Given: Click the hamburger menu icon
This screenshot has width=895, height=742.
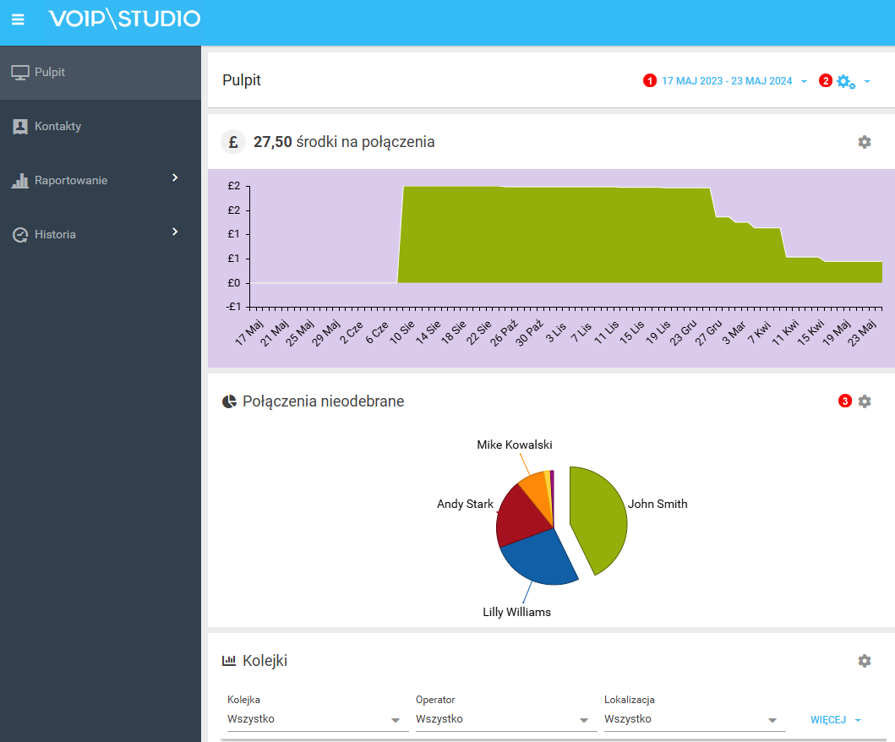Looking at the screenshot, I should pos(18,19).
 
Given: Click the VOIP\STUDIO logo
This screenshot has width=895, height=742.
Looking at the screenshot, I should pos(124,19).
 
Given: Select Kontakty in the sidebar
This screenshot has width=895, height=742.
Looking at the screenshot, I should pos(57,127).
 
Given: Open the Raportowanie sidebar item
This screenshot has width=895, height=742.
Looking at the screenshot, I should pos(71,181).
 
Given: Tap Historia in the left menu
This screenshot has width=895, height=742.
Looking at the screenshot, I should pos(55,235).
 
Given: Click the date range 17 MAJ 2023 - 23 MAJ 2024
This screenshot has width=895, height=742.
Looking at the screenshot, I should pos(727,81).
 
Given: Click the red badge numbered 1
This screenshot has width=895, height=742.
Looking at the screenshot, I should pos(649,81).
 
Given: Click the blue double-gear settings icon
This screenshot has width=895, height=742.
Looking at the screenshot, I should pos(845,81).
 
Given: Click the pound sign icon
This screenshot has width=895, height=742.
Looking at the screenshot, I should pos(232,142).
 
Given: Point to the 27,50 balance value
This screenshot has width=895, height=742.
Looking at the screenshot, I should pos(272,142).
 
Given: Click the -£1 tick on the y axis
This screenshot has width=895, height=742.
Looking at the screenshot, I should pos(234,306).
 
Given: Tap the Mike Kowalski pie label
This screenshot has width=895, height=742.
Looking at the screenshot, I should pos(514,445).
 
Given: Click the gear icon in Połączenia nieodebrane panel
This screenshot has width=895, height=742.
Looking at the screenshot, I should pos(864,401).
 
